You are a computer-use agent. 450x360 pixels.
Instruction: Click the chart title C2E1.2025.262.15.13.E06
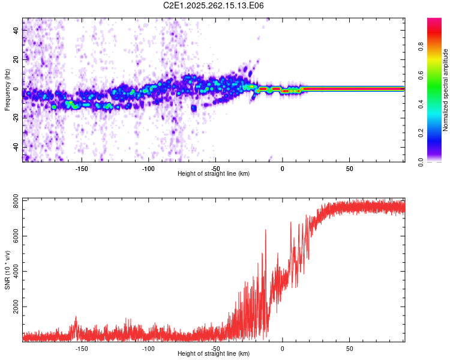214,5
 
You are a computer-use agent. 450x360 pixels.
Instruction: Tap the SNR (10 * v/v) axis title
7,270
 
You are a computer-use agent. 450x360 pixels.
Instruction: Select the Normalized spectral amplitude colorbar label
446,90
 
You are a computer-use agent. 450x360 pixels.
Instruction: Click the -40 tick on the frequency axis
16,148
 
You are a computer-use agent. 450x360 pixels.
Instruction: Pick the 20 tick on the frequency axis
17,59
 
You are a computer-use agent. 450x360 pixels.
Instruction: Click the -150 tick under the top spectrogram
82,169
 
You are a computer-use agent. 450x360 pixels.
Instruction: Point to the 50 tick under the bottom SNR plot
349,349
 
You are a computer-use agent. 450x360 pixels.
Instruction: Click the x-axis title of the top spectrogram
214,174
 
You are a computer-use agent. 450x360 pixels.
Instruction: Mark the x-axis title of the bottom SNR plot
214,354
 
